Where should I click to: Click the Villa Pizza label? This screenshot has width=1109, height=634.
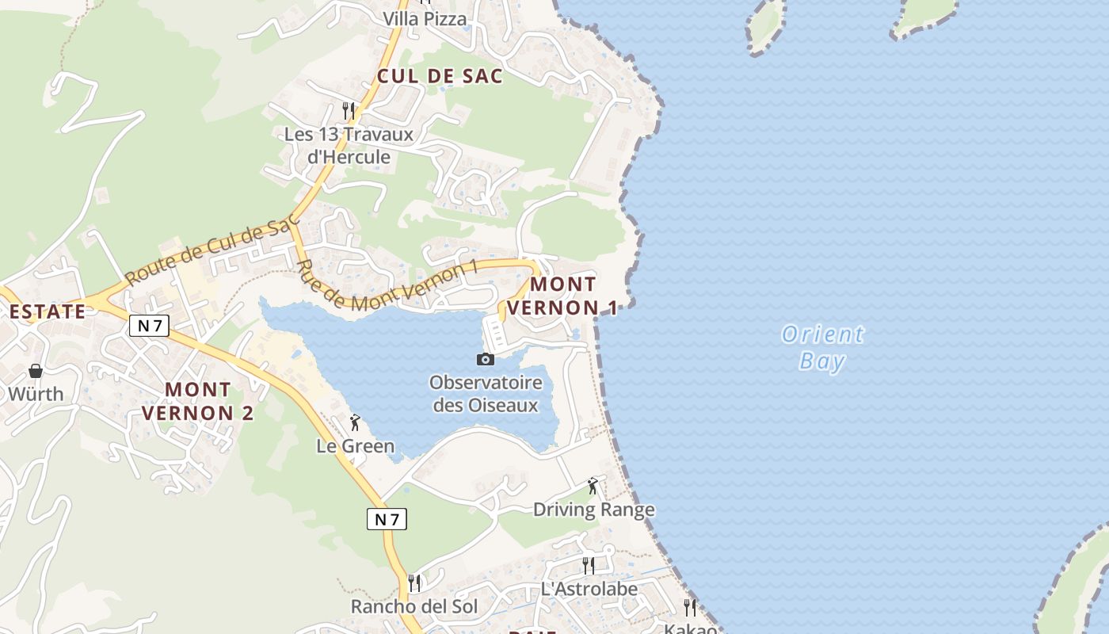coord(425,19)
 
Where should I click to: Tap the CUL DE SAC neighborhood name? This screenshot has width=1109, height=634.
coord(440,76)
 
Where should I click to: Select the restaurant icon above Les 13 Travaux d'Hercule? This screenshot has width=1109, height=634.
coord(349,110)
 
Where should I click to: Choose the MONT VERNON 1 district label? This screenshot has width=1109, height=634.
coord(562,296)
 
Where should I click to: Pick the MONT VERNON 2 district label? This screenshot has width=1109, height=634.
coord(198,401)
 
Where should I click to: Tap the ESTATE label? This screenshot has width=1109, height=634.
coord(47,311)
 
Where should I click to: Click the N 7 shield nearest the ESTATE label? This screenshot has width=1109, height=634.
coord(149,325)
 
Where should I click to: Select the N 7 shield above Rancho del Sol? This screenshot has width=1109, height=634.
coord(387,519)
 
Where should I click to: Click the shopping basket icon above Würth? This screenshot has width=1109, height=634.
coord(36,371)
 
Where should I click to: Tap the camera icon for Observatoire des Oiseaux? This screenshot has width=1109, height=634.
coord(486,359)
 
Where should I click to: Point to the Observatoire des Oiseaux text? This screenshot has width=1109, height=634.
coord(486,394)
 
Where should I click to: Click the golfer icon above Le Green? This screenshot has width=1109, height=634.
coord(355,423)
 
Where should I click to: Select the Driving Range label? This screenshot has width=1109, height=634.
coord(593,510)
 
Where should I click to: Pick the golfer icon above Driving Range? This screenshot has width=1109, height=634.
coord(593,486)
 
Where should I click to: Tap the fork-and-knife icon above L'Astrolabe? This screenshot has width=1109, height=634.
coord(589,565)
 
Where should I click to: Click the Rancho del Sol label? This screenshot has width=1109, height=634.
coord(414,607)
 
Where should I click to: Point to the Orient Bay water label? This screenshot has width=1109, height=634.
coord(823,347)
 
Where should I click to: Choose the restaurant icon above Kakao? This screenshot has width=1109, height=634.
coord(690,608)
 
